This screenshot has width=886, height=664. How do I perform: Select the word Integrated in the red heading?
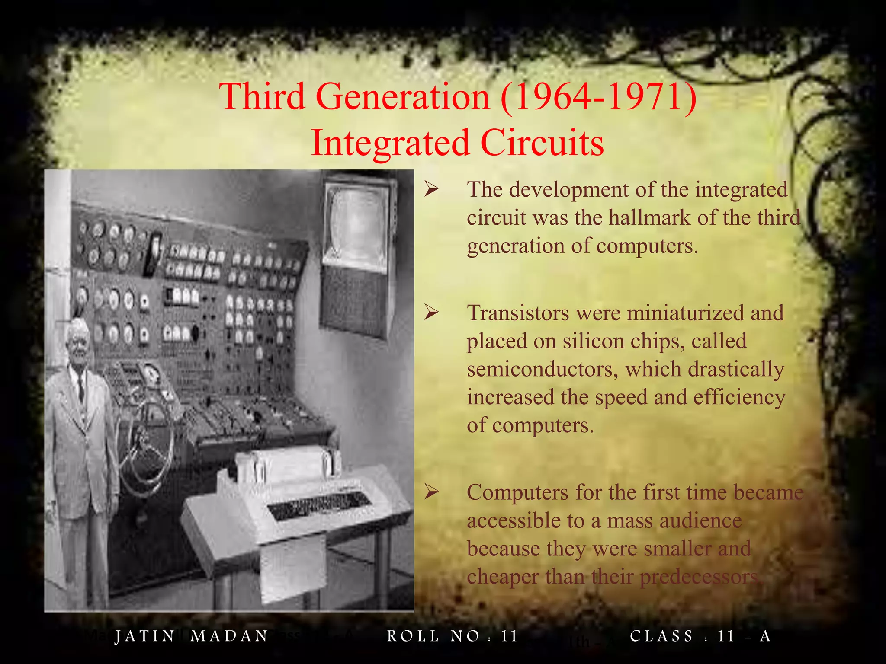click(x=390, y=143)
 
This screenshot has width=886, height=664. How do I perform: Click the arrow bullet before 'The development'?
click(x=431, y=188)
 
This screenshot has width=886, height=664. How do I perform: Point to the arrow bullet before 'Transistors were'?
click(x=431, y=312)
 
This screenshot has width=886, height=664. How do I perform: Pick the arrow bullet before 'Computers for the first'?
click(x=431, y=492)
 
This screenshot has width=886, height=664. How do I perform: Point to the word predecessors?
click(x=698, y=577)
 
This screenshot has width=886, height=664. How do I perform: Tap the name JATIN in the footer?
click(x=144, y=636)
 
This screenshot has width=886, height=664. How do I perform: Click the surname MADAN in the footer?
click(x=229, y=636)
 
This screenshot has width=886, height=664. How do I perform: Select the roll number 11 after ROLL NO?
click(x=509, y=636)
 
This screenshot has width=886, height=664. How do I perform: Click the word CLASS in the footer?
click(x=661, y=636)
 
